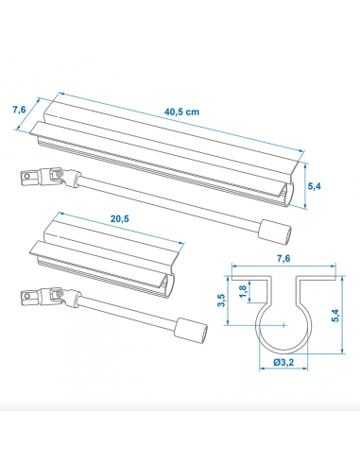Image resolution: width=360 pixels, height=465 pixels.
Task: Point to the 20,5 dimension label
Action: coord(118,219)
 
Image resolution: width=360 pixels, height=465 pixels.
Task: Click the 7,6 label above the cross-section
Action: coord(282,257)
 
